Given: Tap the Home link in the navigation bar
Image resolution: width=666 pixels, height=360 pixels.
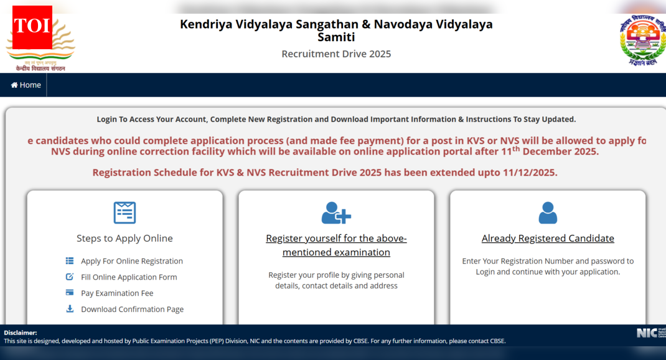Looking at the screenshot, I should pyautogui.click(x=26, y=85).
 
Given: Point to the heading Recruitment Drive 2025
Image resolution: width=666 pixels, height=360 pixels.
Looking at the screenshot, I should pyautogui.click(x=336, y=54).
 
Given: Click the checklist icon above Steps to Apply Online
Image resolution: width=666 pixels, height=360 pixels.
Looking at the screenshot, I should pyautogui.click(x=124, y=212).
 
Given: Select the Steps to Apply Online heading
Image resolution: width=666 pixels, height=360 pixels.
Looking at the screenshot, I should pyautogui.click(x=124, y=239).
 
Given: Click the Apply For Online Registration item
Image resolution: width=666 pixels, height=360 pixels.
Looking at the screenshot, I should pyautogui.click(x=132, y=261).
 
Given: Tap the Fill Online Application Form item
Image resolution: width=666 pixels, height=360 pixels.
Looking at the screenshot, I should pyautogui.click(x=129, y=277).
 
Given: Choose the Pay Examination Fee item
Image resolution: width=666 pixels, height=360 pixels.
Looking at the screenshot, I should pyautogui.click(x=117, y=293).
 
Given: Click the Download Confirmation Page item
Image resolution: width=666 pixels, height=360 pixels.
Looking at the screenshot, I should pyautogui.click(x=132, y=310).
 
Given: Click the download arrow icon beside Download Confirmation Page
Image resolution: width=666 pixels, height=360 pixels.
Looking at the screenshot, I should pyautogui.click(x=70, y=309).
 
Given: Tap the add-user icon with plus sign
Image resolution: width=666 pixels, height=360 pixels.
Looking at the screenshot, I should pyautogui.click(x=336, y=213).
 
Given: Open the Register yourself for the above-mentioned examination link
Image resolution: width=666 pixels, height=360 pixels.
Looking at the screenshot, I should pyautogui.click(x=336, y=245).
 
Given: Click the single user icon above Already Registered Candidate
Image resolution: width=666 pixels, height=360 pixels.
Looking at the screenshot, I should pyautogui.click(x=548, y=213).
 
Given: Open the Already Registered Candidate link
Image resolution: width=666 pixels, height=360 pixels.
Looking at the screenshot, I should pyautogui.click(x=548, y=239).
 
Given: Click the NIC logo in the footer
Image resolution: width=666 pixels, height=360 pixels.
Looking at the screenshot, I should pyautogui.click(x=647, y=333).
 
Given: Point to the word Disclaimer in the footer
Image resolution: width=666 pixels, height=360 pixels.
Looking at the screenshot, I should pyautogui.click(x=21, y=333).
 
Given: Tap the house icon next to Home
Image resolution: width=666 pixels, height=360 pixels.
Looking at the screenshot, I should pyautogui.click(x=14, y=85).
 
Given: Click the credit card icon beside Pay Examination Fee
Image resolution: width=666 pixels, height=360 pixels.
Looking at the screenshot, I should pyautogui.click(x=70, y=293).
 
